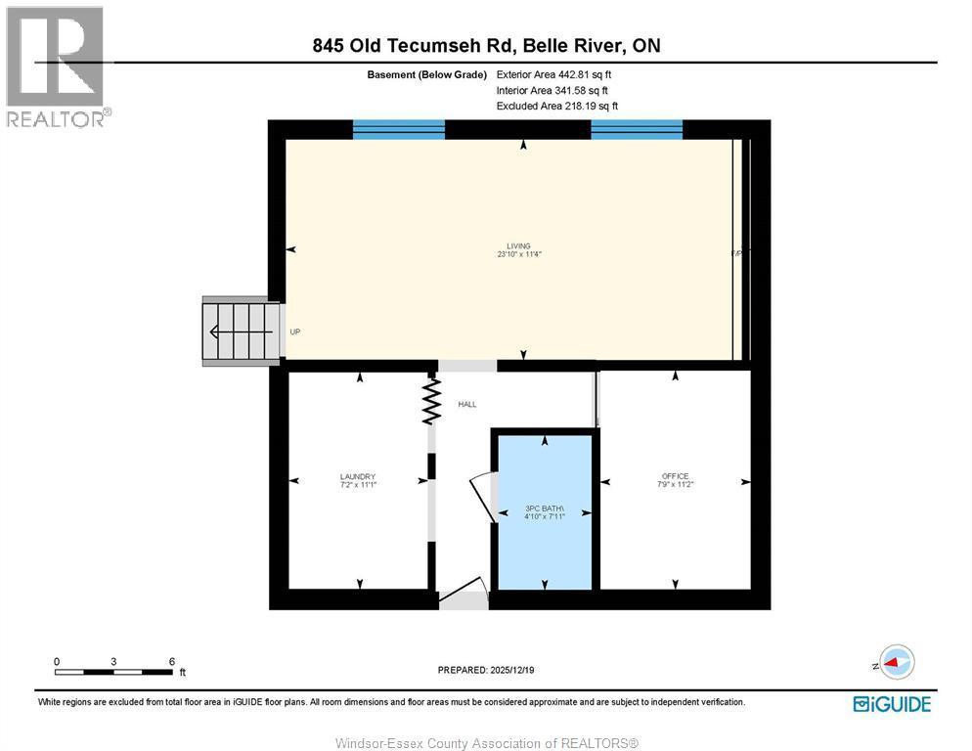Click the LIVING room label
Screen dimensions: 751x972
coord(518,246)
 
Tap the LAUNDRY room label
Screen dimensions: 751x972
coord(358,477)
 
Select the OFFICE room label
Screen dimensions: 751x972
coord(674,476)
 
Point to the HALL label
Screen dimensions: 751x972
coord(466,404)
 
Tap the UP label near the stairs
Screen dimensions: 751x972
coord(294,332)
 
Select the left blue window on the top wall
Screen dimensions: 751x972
coord(398,129)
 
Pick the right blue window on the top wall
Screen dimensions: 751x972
coord(637,129)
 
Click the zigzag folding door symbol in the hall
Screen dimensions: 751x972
coord(430,402)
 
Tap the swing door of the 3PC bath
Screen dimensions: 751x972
coord(482,495)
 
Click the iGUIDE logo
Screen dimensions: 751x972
coord(891,703)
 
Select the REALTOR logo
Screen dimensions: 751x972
coord(56,66)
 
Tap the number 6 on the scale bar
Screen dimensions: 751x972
coord(171,661)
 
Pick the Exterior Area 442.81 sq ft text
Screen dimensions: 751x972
coord(554,74)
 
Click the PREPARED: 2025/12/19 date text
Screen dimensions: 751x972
coord(486,670)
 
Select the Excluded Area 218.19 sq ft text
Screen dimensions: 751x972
coord(556,106)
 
